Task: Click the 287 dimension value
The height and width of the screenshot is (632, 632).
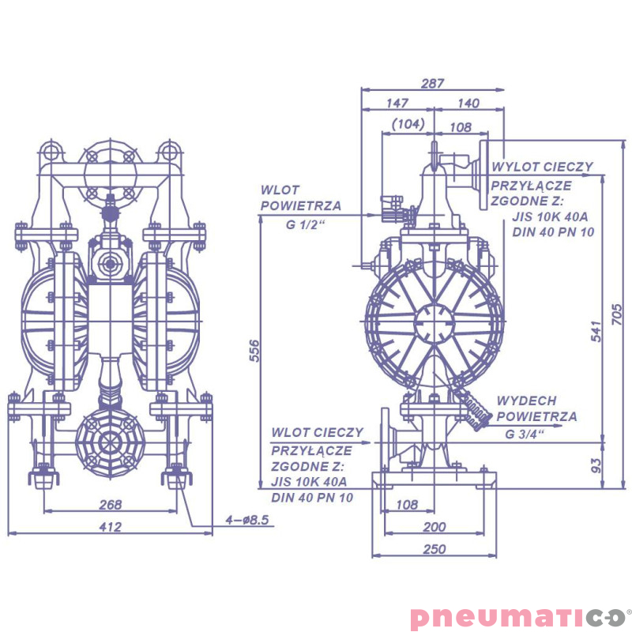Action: (x=433, y=82)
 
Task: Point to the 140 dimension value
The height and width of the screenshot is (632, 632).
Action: (x=468, y=103)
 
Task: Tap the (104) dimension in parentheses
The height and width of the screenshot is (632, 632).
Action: (x=408, y=124)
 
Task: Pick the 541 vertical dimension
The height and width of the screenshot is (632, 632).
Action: (x=596, y=332)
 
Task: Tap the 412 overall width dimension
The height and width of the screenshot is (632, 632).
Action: (x=110, y=527)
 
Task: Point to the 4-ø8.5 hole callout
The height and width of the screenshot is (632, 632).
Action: (x=248, y=521)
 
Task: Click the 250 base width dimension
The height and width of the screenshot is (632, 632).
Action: (x=434, y=549)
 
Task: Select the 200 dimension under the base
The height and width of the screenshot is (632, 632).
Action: (x=434, y=527)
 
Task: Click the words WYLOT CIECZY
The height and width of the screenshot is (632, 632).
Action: (x=542, y=167)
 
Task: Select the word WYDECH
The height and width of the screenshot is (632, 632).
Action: (x=526, y=401)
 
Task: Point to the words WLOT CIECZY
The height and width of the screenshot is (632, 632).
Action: (x=317, y=433)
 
